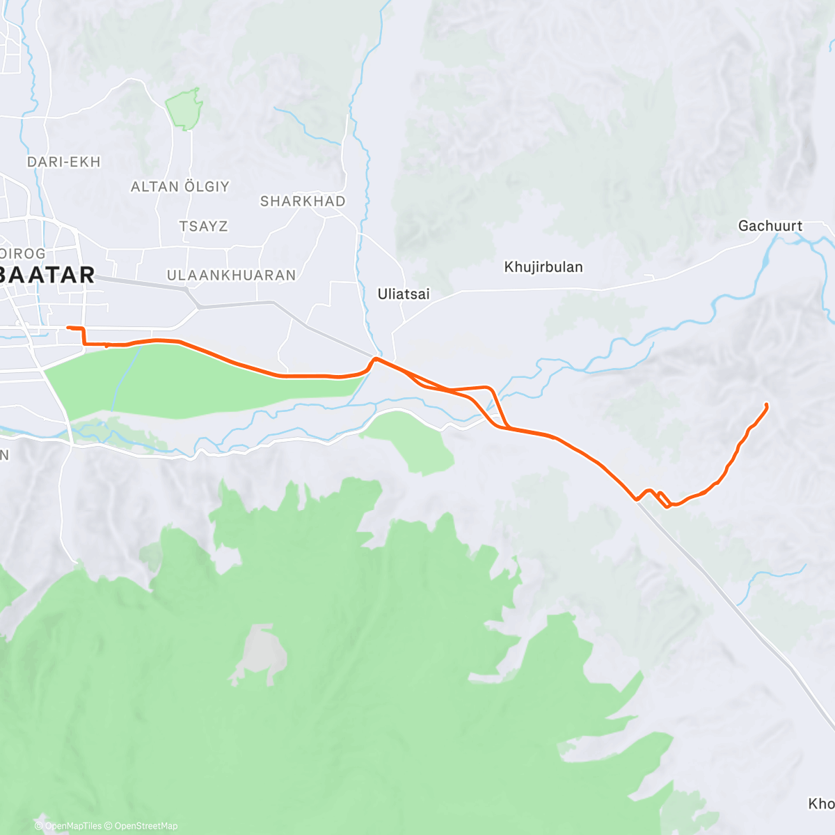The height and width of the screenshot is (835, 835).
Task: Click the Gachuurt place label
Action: [770, 226]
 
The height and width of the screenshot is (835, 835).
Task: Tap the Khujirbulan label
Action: [543, 267]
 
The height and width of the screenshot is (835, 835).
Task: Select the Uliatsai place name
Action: [404, 294]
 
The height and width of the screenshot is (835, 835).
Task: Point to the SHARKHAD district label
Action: [303, 201]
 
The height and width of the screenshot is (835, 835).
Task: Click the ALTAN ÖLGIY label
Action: [180, 186]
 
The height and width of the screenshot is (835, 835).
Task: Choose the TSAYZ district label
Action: [203, 226]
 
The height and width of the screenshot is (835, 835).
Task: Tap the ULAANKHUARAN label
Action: [232, 276]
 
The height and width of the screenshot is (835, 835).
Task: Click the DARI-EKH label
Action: [64, 162]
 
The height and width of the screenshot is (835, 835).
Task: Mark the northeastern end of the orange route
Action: [766, 405]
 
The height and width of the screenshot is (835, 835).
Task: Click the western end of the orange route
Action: [67, 327]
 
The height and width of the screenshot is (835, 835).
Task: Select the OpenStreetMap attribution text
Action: [145, 826]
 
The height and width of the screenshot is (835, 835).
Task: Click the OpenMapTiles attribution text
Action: [73, 826]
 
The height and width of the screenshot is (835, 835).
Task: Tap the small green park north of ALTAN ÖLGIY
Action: [185, 109]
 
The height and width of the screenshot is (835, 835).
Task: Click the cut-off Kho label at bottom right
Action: [821, 804]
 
